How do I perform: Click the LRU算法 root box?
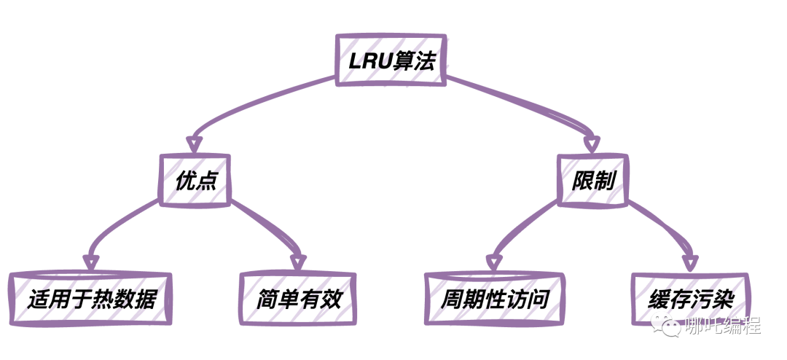pos(391,60)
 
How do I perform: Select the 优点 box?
pos(195,179)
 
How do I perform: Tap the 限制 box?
pos(591,179)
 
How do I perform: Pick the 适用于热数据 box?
pos(92,299)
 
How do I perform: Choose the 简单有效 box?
pos(299,299)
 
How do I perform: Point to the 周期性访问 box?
pos(493,299)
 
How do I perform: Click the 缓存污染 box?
pos(690,299)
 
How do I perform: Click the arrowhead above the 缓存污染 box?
pos(689,262)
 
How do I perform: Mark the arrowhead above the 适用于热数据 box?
pos(90,262)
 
